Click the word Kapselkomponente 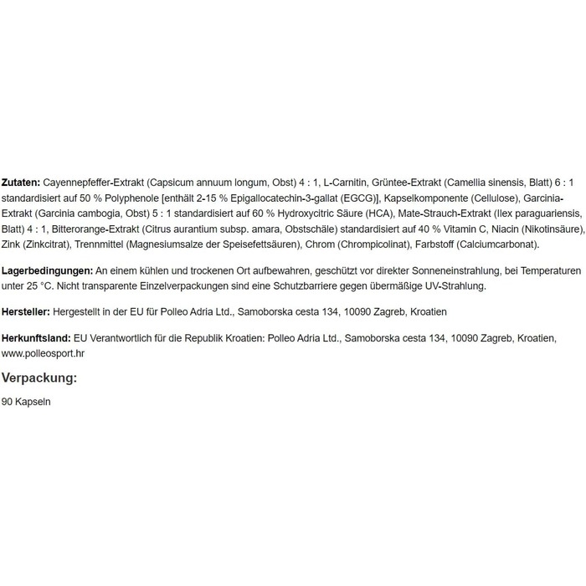[x=423, y=198]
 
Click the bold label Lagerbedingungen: [x=48, y=271]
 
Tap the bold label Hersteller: [x=26, y=311]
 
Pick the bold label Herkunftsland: [x=37, y=337]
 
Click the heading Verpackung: [x=39, y=378]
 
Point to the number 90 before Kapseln [x=8, y=402]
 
